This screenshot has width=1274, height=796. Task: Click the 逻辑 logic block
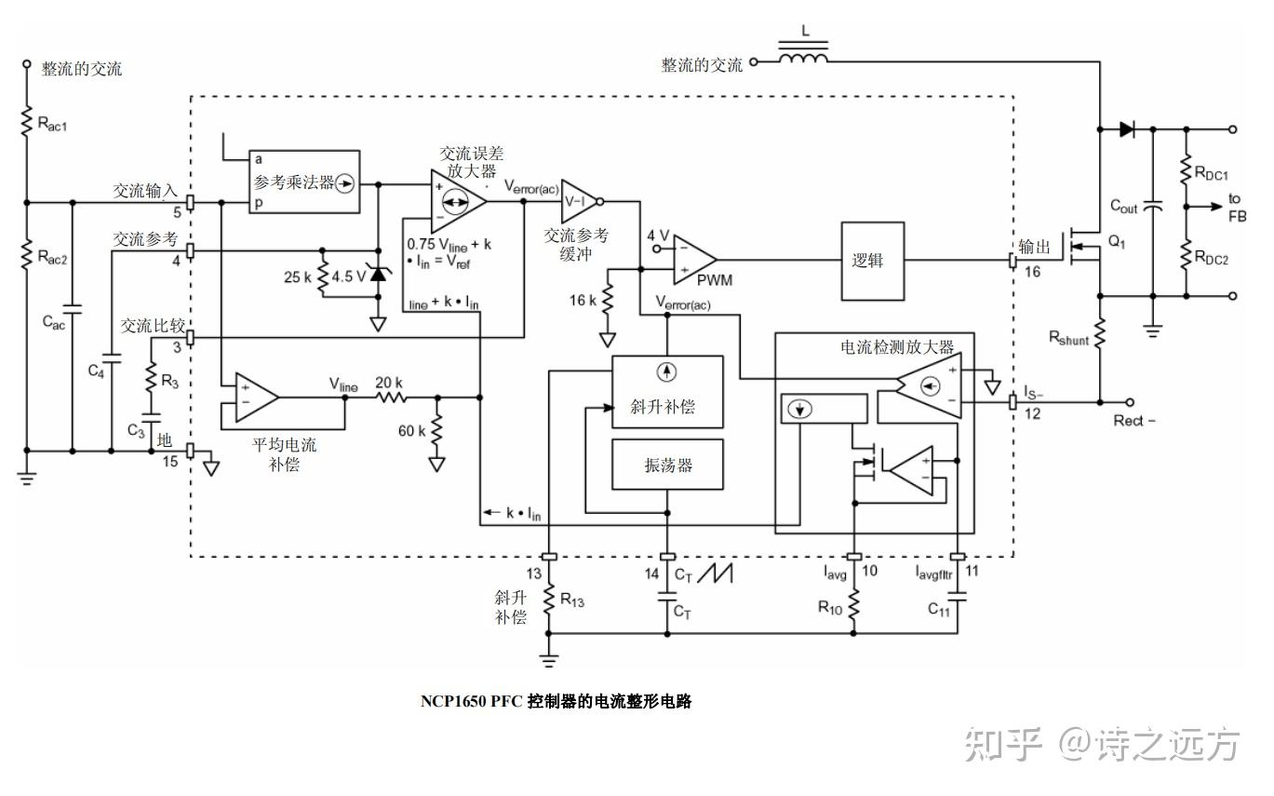tap(872, 260)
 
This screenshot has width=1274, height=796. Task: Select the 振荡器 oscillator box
tap(667, 464)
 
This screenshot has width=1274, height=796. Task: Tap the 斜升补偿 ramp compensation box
tap(667, 392)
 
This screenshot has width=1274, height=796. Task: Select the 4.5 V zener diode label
tap(349, 277)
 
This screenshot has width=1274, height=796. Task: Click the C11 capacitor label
tap(938, 610)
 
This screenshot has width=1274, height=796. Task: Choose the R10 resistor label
tap(830, 607)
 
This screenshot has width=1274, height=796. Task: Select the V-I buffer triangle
tap(577, 199)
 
